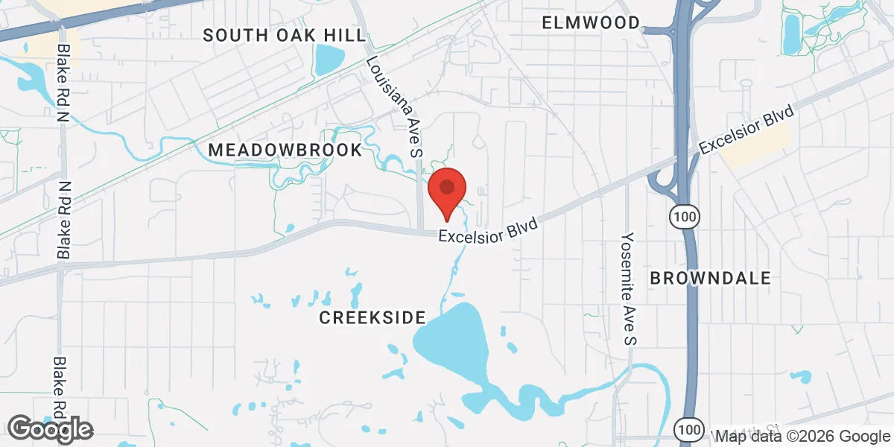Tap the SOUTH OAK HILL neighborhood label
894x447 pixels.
(x=285, y=35)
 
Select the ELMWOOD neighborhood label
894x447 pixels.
(x=591, y=22)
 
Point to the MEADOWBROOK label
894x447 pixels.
(x=285, y=150)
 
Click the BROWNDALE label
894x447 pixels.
(x=710, y=278)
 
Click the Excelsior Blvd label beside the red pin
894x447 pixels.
(x=487, y=229)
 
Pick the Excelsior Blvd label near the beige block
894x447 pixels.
(x=748, y=130)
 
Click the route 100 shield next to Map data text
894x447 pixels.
(x=688, y=429)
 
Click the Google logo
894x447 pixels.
(x=51, y=428)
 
